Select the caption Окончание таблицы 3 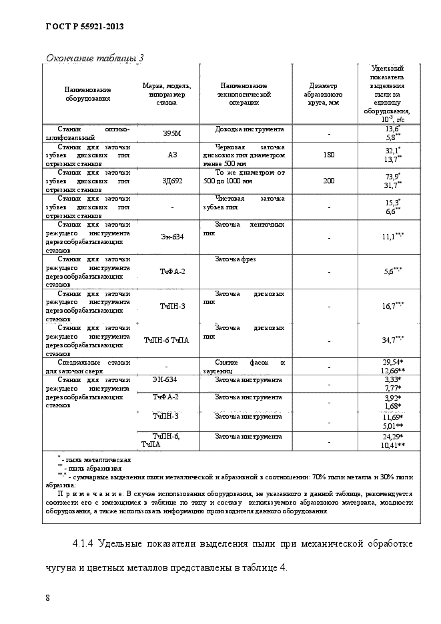click(x=94, y=58)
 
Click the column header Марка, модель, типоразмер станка click(x=167, y=94)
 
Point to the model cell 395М click(x=171, y=134)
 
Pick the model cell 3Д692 click(x=171, y=180)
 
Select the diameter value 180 click(x=329, y=155)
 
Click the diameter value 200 click(x=329, y=180)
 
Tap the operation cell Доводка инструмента click(x=250, y=129)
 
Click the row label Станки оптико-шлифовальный click(x=87, y=133)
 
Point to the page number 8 click(x=47, y=597)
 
